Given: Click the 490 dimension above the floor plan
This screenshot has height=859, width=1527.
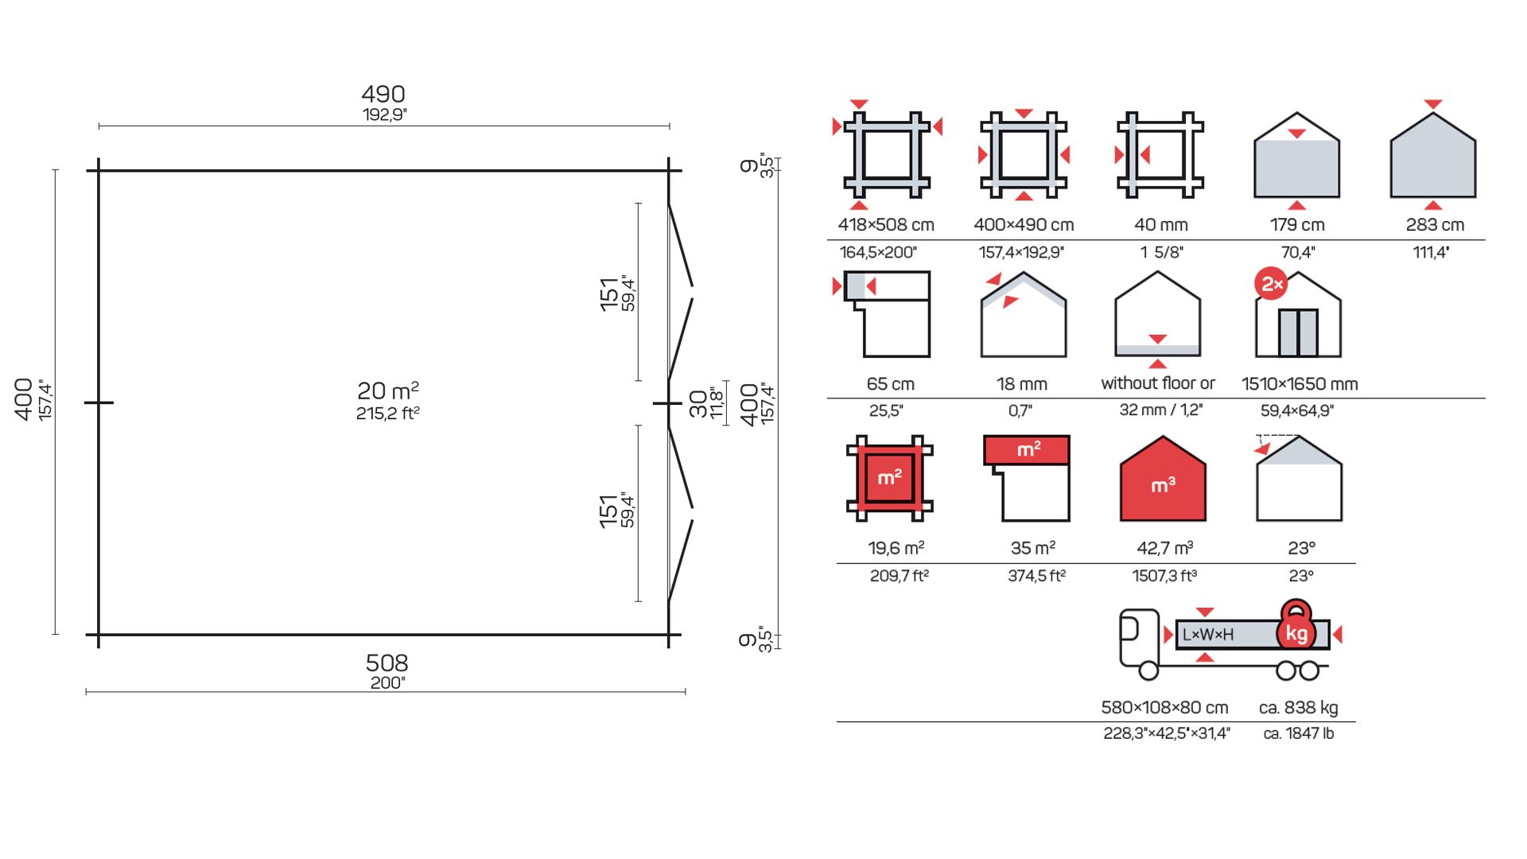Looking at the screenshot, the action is (383, 95).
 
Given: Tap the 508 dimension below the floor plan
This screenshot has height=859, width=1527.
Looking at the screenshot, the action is (387, 663).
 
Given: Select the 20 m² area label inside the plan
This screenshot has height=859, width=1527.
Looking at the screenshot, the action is (387, 391).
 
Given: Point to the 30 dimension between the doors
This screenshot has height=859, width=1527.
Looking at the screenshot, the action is (698, 403).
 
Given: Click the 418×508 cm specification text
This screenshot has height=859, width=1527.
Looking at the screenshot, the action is (886, 225).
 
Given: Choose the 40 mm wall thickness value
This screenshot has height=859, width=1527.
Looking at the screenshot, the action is (1161, 225).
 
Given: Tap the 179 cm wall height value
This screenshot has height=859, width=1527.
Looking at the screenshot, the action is (1297, 225).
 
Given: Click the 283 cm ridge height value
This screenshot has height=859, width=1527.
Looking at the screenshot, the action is (1435, 225).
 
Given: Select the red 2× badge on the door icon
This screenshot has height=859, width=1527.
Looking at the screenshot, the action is (1271, 284).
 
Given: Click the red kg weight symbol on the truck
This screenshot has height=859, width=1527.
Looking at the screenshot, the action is (1296, 628).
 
